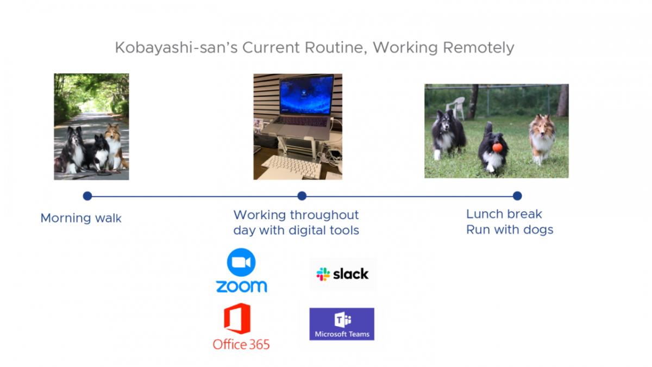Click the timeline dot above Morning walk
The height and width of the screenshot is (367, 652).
[87, 196]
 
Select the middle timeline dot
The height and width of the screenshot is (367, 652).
[302, 196]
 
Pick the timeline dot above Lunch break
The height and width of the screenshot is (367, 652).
[517, 196]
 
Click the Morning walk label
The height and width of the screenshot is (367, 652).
[81, 218]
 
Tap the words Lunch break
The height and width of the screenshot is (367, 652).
[504, 214]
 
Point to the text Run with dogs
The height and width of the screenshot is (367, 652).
[510, 229]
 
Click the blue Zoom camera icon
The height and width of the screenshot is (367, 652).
[241, 262]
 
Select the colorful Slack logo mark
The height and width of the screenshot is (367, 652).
[323, 274]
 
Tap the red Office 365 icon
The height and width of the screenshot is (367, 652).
[237, 319]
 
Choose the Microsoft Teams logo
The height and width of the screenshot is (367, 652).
[342, 324]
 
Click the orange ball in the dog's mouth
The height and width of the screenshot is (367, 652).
[497, 148]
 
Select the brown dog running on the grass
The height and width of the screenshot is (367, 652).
[542, 138]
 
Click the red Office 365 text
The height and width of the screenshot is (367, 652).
[241, 345]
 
